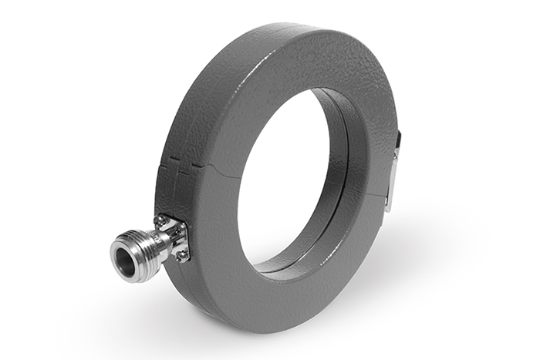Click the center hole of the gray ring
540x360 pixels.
[x=289, y=177]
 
